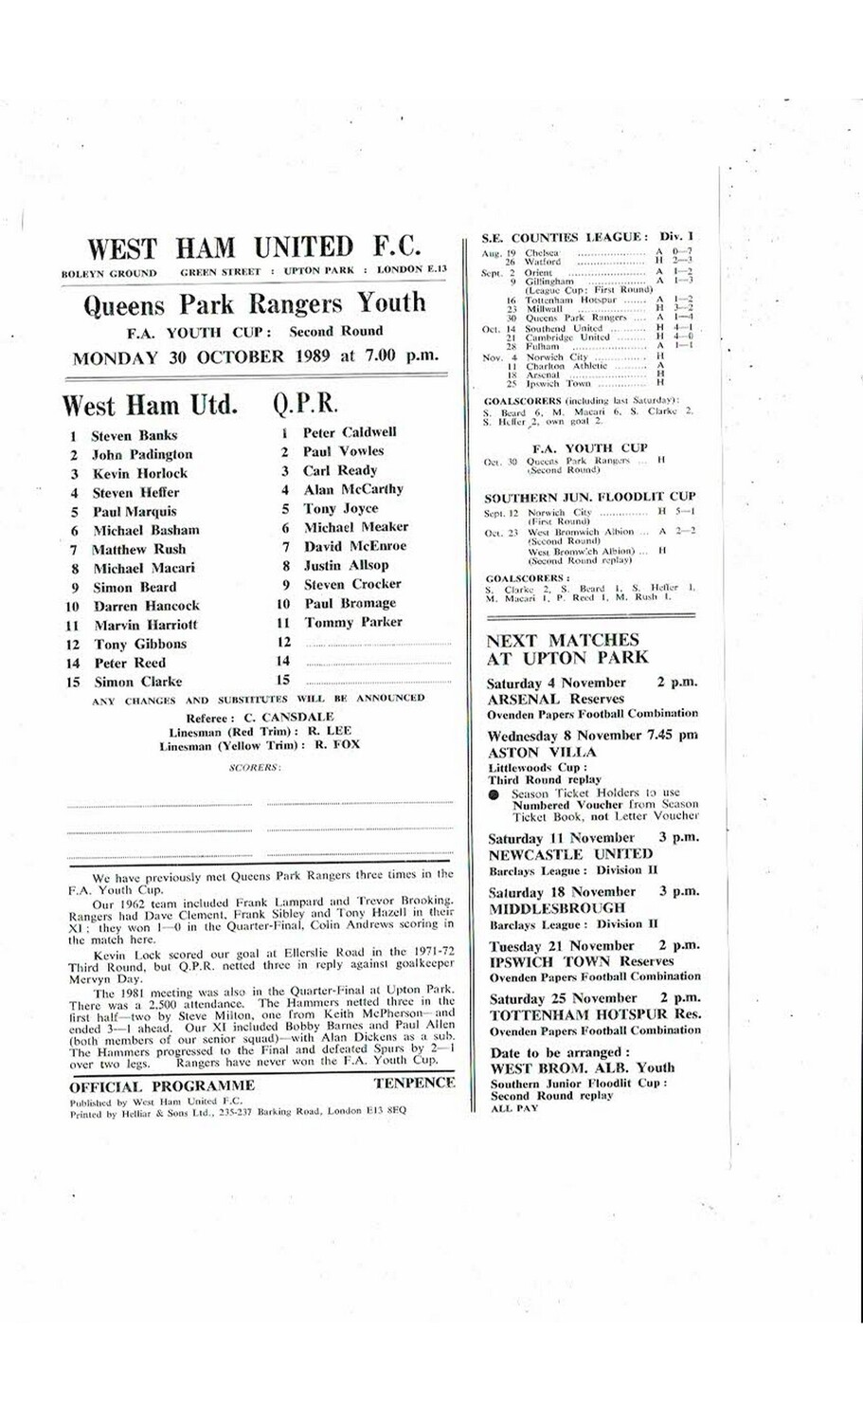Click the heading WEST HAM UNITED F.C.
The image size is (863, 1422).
[x=254, y=247]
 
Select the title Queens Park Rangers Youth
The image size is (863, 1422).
[x=255, y=303]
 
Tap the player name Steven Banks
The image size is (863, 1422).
[x=134, y=436]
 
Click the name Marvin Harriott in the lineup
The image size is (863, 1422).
[x=146, y=625]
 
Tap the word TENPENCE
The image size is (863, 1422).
[x=414, y=1083]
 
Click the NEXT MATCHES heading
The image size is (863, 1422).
[x=563, y=640]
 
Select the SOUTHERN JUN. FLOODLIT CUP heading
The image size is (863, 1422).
[x=589, y=497]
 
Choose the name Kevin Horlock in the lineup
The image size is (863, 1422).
[x=140, y=473]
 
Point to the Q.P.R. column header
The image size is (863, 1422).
[x=305, y=404]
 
